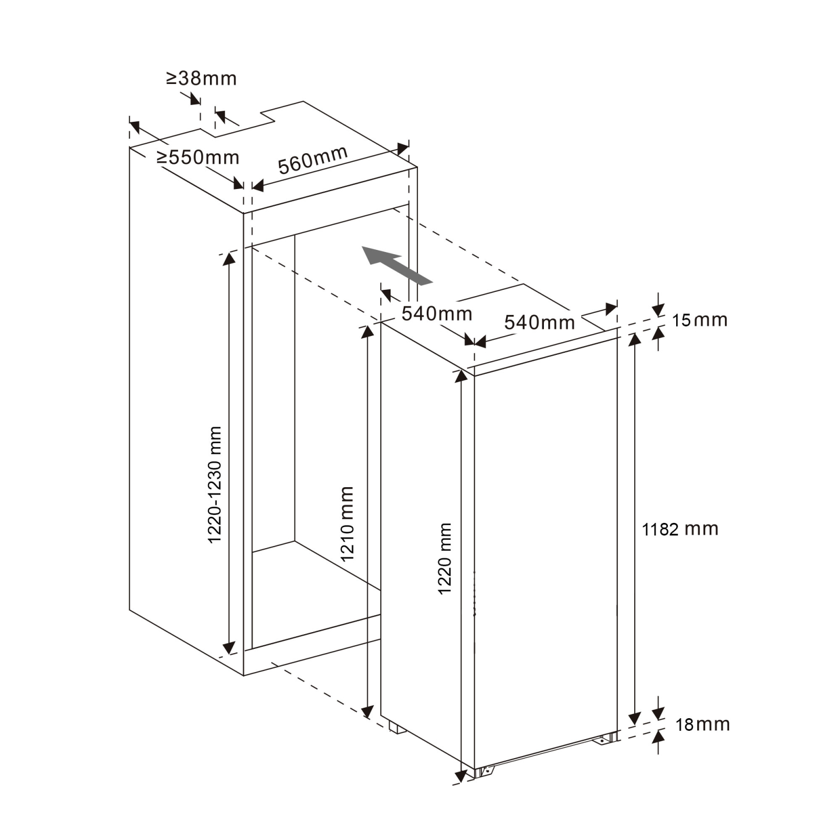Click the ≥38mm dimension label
[x=202, y=79]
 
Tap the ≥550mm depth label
[x=198, y=157]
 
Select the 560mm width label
[x=313, y=160]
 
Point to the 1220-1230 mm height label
[x=215, y=485]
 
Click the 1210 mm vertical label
[x=346, y=524]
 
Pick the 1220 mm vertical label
[x=445, y=559]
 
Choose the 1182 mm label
[x=680, y=529]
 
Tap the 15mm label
[x=700, y=320]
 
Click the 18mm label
[x=702, y=724]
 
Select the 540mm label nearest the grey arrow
[x=437, y=314]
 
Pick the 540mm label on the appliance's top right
[x=540, y=322]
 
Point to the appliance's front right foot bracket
[x=605, y=739]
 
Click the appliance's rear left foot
[x=397, y=728]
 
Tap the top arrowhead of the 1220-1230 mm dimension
[x=229, y=259]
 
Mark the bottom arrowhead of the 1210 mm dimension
[x=367, y=712]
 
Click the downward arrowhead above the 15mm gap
[x=658, y=310]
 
